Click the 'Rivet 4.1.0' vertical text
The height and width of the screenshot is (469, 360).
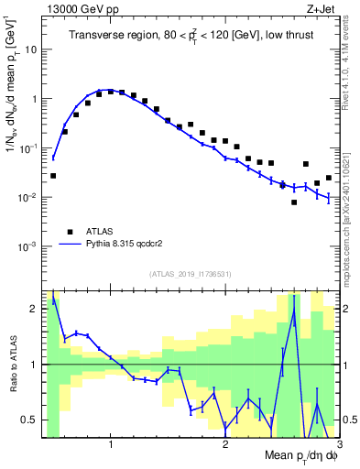351,73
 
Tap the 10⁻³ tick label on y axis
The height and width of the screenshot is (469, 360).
32,247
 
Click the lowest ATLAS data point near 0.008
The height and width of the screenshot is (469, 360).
294,202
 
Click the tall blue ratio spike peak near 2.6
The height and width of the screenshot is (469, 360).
294,311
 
